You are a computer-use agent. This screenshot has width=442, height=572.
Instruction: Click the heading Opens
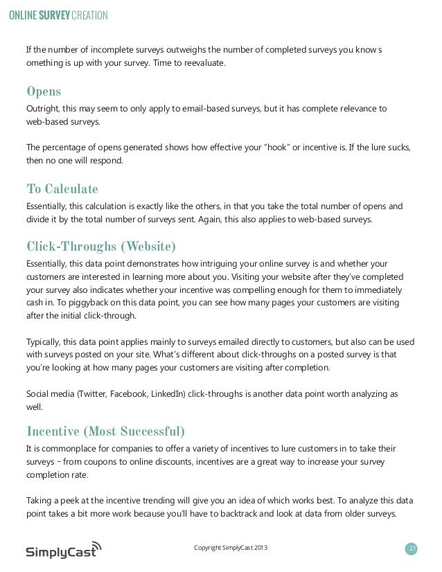coord(43,92)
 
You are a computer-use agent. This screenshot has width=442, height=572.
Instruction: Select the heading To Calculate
coord(62,189)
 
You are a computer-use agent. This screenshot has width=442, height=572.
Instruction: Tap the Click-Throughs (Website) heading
coord(100,247)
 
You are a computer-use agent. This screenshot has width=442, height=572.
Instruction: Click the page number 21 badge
coord(412,549)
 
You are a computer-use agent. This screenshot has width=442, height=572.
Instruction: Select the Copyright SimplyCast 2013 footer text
coord(229,549)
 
